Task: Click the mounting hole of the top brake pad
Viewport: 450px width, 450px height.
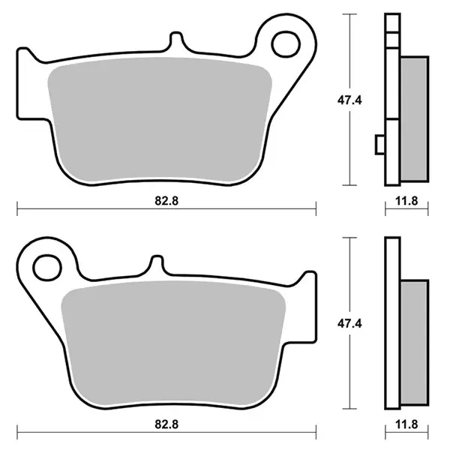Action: point(286,44)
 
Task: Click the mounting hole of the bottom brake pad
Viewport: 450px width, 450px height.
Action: point(47,268)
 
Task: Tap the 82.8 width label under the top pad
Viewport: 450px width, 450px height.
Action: point(166,200)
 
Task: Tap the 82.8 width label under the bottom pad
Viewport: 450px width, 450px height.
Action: point(166,424)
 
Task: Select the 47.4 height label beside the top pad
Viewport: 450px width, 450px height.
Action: point(349,100)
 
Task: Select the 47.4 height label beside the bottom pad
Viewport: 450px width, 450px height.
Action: point(349,323)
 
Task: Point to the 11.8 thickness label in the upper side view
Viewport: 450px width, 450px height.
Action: point(406,201)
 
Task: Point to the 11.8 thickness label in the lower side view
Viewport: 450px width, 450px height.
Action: point(406,424)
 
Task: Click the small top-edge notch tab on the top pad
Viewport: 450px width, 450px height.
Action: point(176,40)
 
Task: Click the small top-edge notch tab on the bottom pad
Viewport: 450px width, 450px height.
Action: point(157,263)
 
